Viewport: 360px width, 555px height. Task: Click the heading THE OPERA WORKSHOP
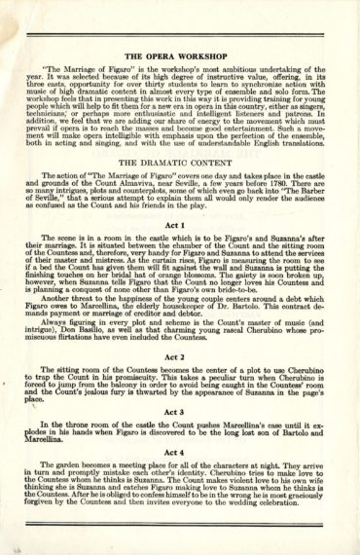pos(180,55)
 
